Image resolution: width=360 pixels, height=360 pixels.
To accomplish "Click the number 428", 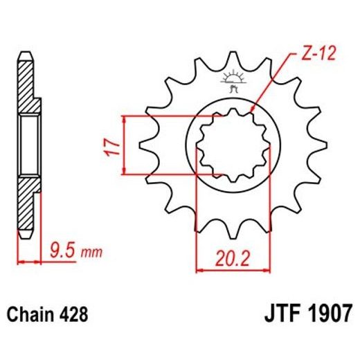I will click(74, 314).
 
